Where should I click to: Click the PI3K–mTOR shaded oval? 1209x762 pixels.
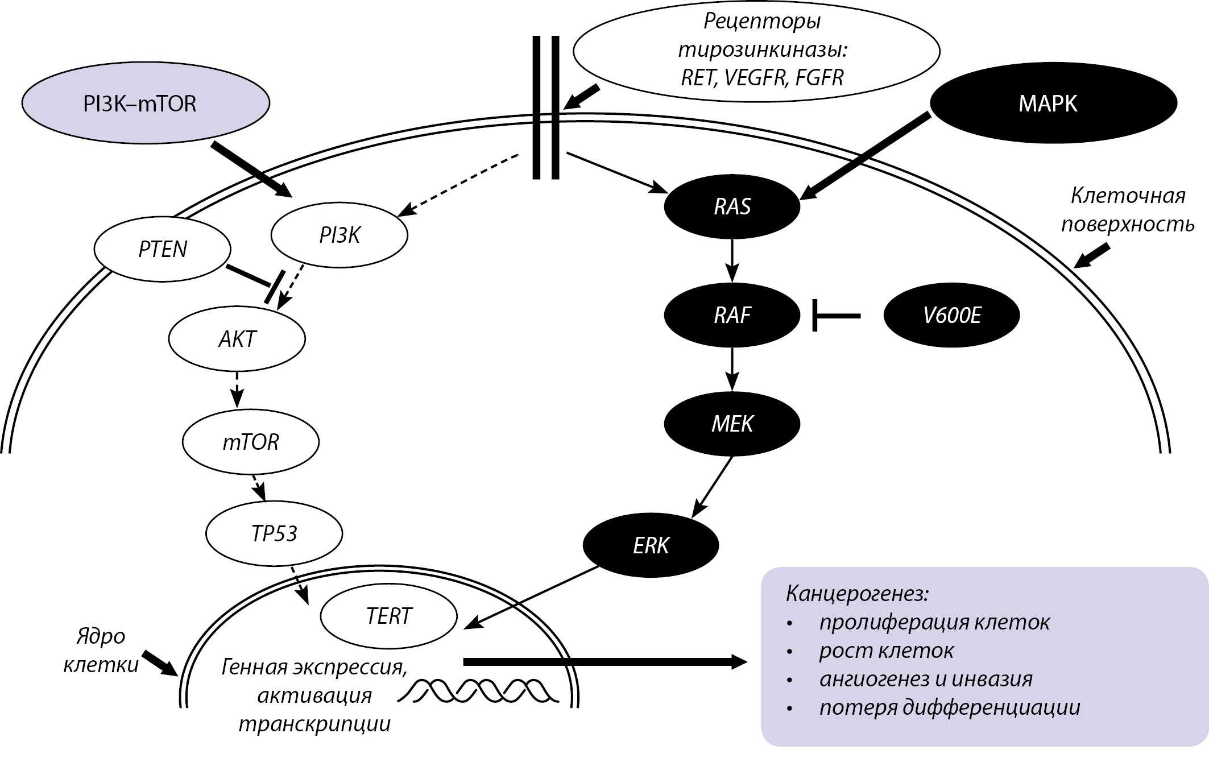coord(145,103)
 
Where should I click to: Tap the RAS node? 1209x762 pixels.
coord(732,206)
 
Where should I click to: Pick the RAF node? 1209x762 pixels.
coord(732,315)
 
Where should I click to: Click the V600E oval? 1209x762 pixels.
coord(951,315)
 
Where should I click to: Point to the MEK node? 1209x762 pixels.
coord(732,424)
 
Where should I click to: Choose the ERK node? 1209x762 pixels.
coord(651,545)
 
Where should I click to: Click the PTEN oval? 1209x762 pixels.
coord(162,249)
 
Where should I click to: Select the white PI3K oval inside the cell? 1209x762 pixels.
coord(339,235)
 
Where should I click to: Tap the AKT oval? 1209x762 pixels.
coord(237,339)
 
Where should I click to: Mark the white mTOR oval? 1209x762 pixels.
coord(251,442)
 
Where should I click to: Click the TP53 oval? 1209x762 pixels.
coord(274,533)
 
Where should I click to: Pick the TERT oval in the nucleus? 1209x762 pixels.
coord(389,616)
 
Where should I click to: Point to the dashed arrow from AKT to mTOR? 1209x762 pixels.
coord(237,390)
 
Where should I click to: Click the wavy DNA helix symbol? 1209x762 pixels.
coord(478,689)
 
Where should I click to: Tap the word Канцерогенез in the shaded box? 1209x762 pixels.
coord(856,594)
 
